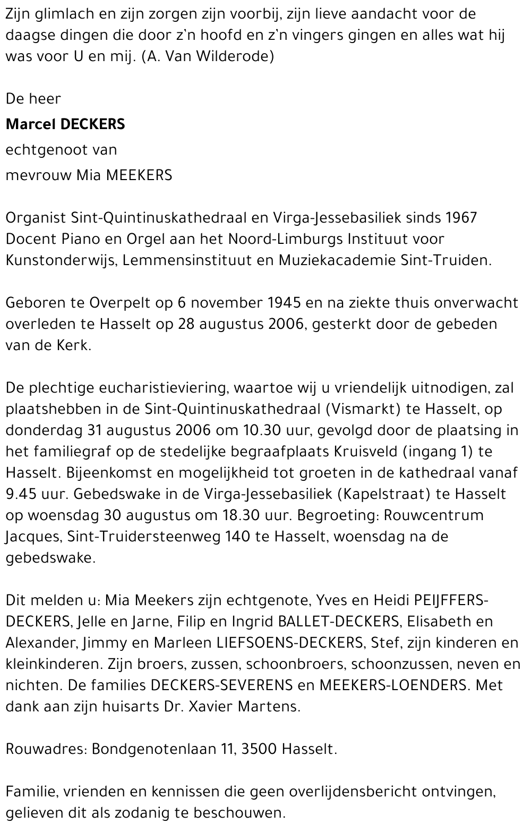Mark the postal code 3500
[259, 749]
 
